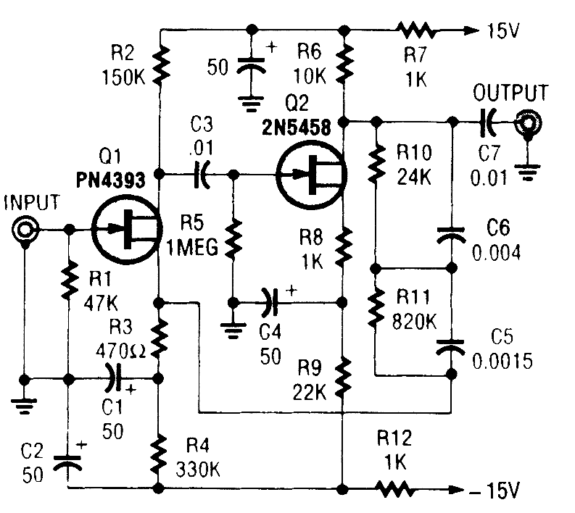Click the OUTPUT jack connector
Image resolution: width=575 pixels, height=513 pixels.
pos(526,125)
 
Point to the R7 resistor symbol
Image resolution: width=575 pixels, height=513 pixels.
pos(414,31)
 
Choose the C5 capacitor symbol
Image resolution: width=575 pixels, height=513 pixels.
pos(450,347)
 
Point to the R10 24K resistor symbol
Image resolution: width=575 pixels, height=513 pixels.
pos(376,164)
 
